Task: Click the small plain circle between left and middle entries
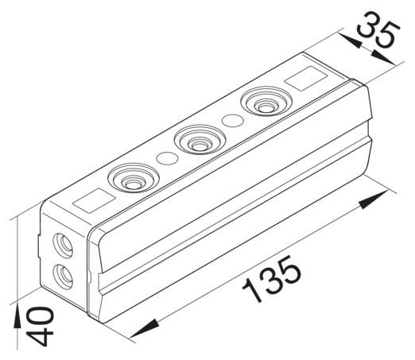(x=166, y=157)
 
